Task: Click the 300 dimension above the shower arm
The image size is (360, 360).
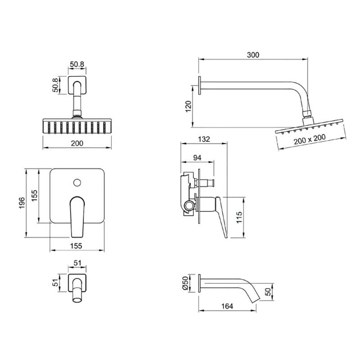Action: click(x=253, y=55)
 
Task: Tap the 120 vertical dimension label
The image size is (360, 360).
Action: click(x=188, y=106)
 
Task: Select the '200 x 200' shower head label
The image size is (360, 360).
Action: click(x=310, y=139)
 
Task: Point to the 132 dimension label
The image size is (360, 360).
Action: click(x=204, y=139)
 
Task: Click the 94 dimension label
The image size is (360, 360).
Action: click(x=197, y=158)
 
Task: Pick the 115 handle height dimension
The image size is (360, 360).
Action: click(x=239, y=217)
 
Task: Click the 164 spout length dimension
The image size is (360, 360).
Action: click(x=227, y=306)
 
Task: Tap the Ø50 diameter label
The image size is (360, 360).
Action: click(x=185, y=283)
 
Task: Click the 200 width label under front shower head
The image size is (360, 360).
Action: click(x=77, y=143)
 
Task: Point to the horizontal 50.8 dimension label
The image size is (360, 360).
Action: click(x=77, y=64)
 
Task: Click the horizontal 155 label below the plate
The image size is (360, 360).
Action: click(x=76, y=246)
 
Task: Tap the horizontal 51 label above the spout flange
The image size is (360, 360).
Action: click(x=77, y=263)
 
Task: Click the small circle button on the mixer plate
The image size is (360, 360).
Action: click(x=77, y=183)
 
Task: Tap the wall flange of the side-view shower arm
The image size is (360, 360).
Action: click(x=200, y=85)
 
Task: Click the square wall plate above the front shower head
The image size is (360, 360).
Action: click(x=77, y=85)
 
